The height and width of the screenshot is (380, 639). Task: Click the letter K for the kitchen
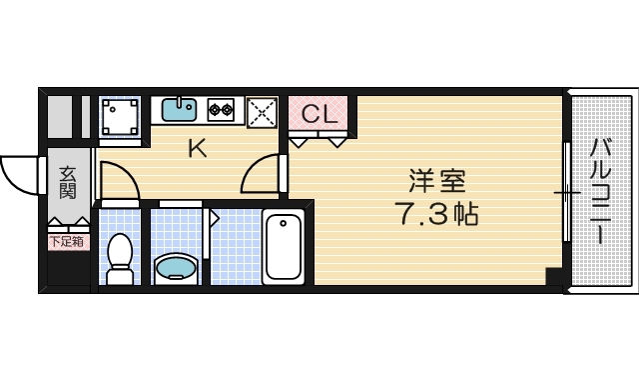click(x=197, y=150)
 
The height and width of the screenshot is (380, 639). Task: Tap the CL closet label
click(x=319, y=112)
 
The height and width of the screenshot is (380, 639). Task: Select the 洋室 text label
click(x=436, y=182)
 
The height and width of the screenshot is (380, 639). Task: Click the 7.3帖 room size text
click(x=436, y=214)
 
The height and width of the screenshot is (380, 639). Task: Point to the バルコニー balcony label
click(x=601, y=191)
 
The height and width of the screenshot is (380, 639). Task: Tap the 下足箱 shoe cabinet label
click(x=67, y=241)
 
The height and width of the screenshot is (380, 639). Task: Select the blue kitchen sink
click(x=178, y=109)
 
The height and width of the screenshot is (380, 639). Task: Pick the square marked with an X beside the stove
click(x=262, y=110)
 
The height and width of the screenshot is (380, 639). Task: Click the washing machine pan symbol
click(x=120, y=116)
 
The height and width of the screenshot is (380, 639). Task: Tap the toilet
click(x=120, y=259)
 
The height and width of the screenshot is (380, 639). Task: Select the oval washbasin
click(x=177, y=267)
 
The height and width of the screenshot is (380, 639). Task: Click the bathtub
click(x=284, y=247)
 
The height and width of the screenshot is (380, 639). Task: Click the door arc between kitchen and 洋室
click(x=261, y=176)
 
